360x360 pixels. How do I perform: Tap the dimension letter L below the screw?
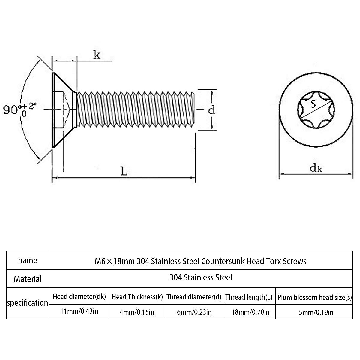pos(124,172)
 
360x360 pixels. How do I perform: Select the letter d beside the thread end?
pos(211,110)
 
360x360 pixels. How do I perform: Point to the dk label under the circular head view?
pos(316,168)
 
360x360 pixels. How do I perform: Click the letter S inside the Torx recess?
pos(313,104)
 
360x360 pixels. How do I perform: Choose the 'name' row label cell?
pos(28,260)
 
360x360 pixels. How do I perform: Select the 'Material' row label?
pos(28,279)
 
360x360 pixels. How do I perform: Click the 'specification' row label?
pos(28,303)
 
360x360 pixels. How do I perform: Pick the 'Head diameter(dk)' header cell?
pos(79,297)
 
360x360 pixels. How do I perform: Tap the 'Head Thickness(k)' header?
pos(137,297)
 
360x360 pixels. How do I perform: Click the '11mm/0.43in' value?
pos(79,311)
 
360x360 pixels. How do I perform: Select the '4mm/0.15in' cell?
pos(137,312)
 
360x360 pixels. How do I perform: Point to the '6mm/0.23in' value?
pos(194,312)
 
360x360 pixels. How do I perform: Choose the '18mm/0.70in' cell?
pos(250,312)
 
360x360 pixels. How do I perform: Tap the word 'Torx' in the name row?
pos(273,261)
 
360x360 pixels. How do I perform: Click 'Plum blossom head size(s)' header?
pos(314,298)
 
